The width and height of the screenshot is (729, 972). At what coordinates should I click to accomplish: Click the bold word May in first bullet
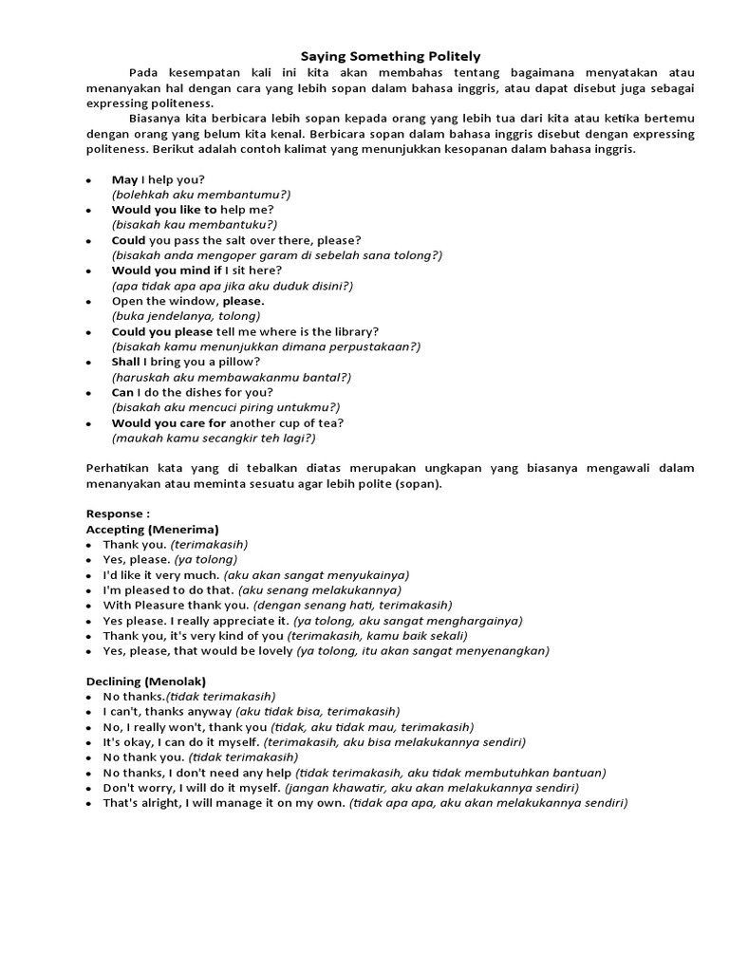pos(124,179)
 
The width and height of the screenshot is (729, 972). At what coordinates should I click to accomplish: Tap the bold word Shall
pos(126,362)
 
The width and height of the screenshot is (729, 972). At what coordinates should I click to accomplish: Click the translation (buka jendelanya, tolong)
pos(185,316)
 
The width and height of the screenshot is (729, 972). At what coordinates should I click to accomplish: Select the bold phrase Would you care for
pos(168,422)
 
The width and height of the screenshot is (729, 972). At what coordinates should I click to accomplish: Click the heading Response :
pos(118,514)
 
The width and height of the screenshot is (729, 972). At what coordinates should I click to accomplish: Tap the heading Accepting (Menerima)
pos(153,529)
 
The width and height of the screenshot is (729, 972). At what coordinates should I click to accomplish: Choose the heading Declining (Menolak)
pos(146,682)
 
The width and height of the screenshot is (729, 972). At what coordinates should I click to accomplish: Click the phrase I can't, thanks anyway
pos(167,711)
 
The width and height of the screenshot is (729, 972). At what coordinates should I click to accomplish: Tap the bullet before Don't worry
pos(89,788)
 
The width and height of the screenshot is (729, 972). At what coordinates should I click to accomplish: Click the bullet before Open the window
pos(89,302)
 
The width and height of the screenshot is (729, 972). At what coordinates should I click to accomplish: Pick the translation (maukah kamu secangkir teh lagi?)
pos(214,438)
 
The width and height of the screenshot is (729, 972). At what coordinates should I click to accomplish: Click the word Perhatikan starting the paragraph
pos(120,468)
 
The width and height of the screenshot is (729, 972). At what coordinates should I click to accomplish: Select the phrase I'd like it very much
pos(161,574)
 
